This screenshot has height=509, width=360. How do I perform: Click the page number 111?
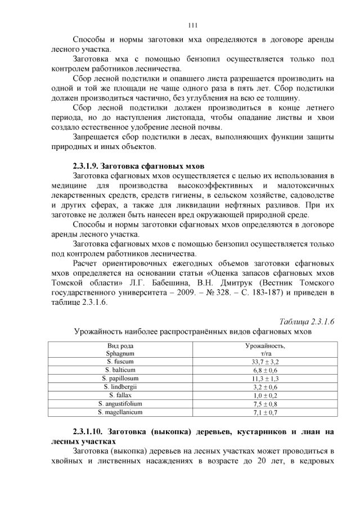[x=191, y=25]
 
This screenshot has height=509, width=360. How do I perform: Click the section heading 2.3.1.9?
[x=138, y=166]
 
